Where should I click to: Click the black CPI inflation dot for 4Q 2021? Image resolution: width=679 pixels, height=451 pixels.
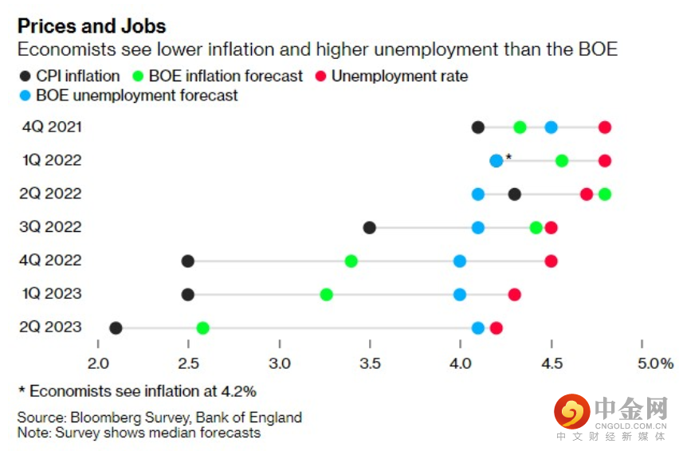pos(478,127)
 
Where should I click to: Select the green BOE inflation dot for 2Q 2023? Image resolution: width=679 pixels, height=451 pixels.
pos(203,328)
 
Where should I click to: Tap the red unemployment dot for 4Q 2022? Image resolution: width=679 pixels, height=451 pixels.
pos(551,261)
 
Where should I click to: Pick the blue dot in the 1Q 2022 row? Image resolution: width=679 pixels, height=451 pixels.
pos(496,161)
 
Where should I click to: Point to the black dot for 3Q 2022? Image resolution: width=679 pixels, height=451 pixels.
pos(370,228)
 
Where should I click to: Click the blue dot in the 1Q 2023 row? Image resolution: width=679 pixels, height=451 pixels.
pos(460,295)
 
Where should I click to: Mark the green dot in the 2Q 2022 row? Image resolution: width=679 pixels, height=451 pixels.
pos(605,194)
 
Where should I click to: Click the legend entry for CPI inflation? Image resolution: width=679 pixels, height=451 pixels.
pos(69,76)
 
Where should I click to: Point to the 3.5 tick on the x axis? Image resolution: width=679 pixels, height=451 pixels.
pos(370,364)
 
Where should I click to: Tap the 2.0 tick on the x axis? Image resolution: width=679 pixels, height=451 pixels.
pos(98,364)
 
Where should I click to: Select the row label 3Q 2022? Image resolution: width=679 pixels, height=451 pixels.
pos(53,228)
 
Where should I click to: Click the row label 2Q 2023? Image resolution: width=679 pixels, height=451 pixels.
pos(53,327)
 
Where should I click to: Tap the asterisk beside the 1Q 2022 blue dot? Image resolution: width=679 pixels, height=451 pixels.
pos(508,157)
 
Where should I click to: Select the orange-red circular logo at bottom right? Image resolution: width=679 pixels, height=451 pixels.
pos(571,412)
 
